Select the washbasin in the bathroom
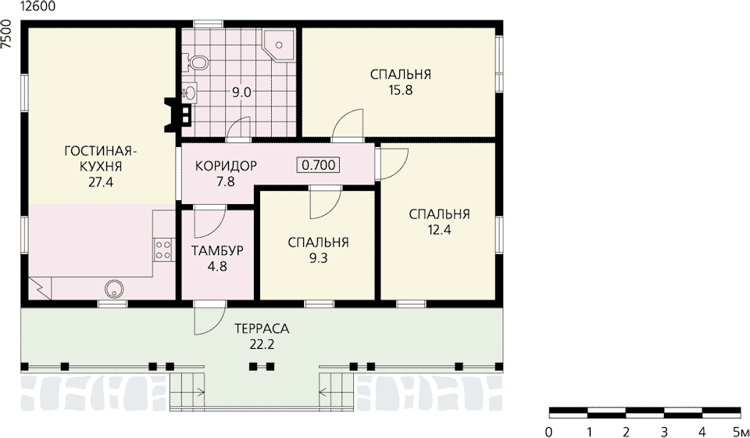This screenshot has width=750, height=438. (189, 92)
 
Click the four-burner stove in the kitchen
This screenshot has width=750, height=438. (162, 250)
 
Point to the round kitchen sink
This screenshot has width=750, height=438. (115, 288)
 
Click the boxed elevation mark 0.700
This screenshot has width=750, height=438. (319, 165)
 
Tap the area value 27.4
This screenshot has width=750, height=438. (101, 182)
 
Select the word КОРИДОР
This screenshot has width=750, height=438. (227, 166)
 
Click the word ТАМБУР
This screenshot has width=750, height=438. (218, 250)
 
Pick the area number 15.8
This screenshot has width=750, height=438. (401, 90)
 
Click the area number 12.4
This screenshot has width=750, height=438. (440, 229)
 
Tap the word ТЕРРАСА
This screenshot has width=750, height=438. (262, 328)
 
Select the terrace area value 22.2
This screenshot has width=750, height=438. (262, 345)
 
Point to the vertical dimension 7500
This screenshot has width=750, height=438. (6, 34)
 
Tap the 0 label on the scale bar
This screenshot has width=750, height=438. (548, 430)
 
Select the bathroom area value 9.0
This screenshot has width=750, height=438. (241, 92)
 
